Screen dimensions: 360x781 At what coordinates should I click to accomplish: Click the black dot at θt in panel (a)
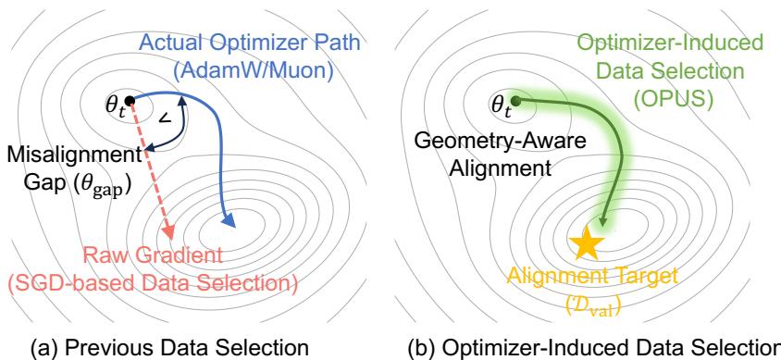[130, 99]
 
